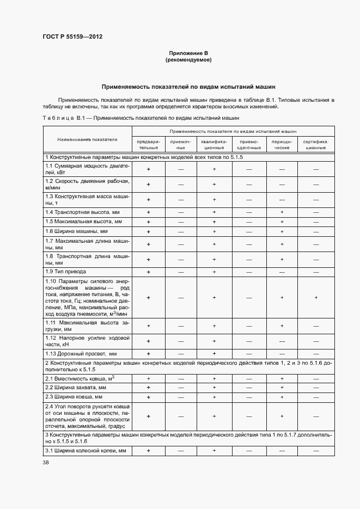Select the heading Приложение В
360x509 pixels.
tap(188, 53)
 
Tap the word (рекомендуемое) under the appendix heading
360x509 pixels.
tap(188, 60)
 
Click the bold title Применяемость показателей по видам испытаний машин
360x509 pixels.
tap(188, 87)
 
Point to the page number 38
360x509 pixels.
tap(46, 462)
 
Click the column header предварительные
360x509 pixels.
tap(148, 144)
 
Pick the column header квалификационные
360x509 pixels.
tap(215, 144)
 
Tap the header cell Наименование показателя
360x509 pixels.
tap(87, 139)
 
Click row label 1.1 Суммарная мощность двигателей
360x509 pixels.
tap(87, 169)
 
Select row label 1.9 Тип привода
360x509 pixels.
tap(65, 271)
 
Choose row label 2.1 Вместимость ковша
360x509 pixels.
tap(80, 378)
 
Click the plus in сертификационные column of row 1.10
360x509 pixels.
tap(316, 297)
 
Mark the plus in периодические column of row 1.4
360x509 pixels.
tap(282, 212)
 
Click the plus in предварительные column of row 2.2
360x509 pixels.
tap(148, 387)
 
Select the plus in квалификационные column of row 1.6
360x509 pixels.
tap(215, 231)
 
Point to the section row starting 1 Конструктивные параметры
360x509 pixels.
tap(144, 157)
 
